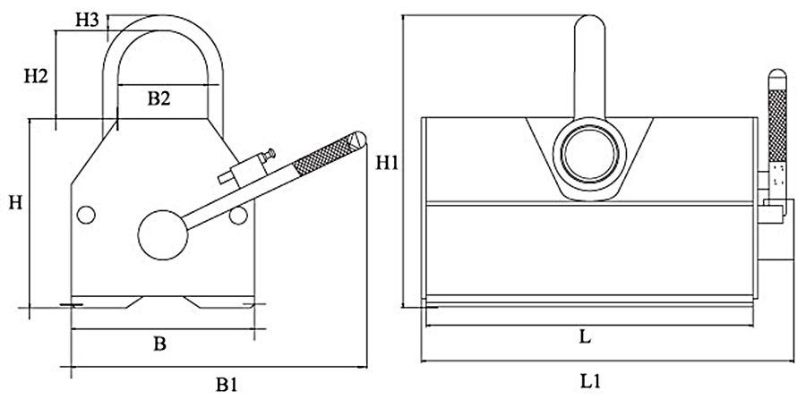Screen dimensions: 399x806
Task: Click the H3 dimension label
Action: pyautogui.click(x=86, y=19)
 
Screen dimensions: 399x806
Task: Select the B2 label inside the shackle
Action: pyautogui.click(x=159, y=100)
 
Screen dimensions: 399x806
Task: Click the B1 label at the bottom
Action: pyautogui.click(x=226, y=384)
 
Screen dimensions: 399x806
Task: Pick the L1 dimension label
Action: pyautogui.click(x=589, y=381)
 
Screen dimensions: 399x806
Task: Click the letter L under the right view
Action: pyautogui.click(x=585, y=338)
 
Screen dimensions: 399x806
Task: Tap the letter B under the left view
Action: pyautogui.click(x=159, y=343)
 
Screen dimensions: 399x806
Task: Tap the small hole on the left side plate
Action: pyautogui.click(x=86, y=215)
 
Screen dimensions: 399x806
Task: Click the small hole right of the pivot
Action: pyautogui.click(x=237, y=216)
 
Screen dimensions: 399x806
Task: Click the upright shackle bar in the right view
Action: pyautogui.click(x=588, y=63)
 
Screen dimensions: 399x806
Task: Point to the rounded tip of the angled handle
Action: pyautogui.click(x=358, y=137)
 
